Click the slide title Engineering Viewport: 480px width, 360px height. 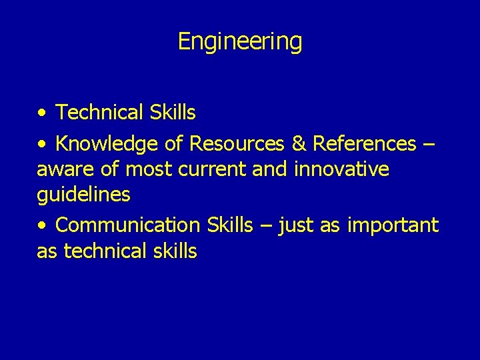point(240,41)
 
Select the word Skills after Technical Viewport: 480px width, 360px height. point(173,113)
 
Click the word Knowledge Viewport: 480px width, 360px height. point(106,143)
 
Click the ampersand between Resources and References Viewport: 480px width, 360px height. point(297,143)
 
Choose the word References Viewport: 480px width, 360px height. point(363,143)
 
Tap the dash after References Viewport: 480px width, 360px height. point(429,144)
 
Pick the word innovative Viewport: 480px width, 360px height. point(341,169)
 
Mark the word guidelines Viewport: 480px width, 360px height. point(83,195)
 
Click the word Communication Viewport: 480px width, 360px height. point(127,225)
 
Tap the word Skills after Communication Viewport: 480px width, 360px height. point(230,225)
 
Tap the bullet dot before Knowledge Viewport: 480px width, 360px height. point(42,144)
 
